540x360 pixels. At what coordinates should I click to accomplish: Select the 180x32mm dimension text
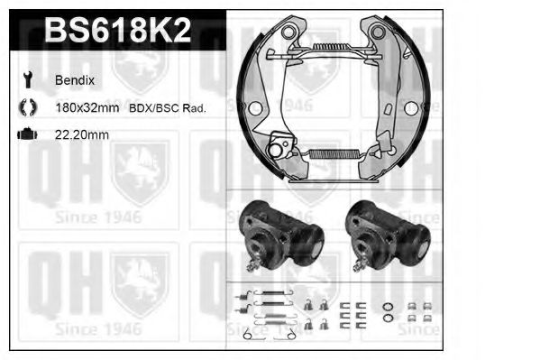click(87, 108)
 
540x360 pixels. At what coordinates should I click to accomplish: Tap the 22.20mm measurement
click(84, 134)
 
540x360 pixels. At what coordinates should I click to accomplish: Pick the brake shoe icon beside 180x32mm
click(25, 108)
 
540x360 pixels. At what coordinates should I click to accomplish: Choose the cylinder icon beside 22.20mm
click(25, 134)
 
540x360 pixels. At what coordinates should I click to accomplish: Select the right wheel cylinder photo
click(387, 236)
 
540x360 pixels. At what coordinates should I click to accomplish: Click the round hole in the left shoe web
click(254, 109)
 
